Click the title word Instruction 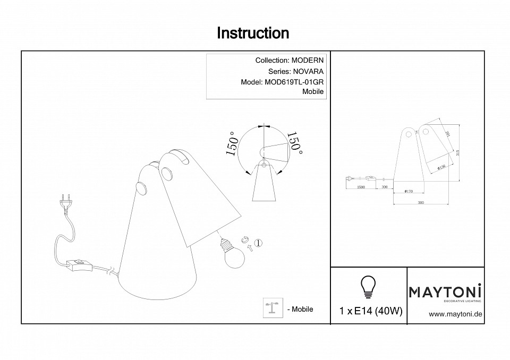[x=253, y=33]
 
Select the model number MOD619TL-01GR [x=294, y=82]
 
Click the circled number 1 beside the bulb [x=258, y=243]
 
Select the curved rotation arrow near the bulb [x=245, y=240]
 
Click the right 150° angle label [x=294, y=144]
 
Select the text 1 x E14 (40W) [x=370, y=311]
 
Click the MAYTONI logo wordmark [x=445, y=291]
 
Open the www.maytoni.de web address [x=455, y=314]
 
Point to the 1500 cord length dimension [x=361, y=187]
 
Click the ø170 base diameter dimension [x=409, y=191]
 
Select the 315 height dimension [x=458, y=153]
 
